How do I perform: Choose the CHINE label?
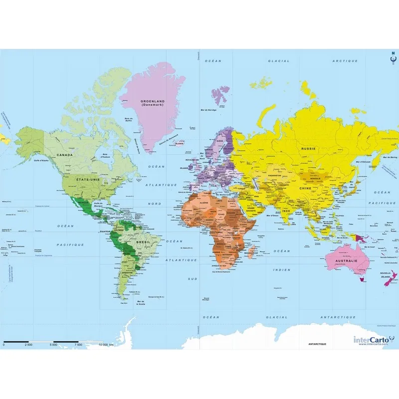[x=305, y=189]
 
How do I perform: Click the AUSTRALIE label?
[x=346, y=260]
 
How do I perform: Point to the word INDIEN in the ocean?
[x=281, y=270]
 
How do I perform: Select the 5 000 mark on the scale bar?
[x=53, y=345]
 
